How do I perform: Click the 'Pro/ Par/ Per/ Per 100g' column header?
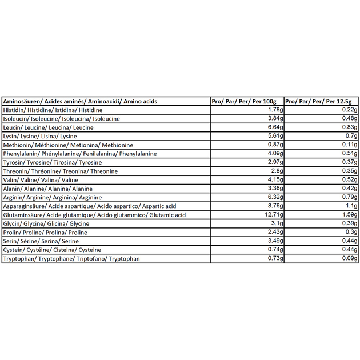click(247, 101)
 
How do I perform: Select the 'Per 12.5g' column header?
click(321, 101)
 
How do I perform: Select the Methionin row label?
click(68, 145)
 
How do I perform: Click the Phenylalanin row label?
click(79, 154)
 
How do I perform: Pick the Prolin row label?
click(45, 233)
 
